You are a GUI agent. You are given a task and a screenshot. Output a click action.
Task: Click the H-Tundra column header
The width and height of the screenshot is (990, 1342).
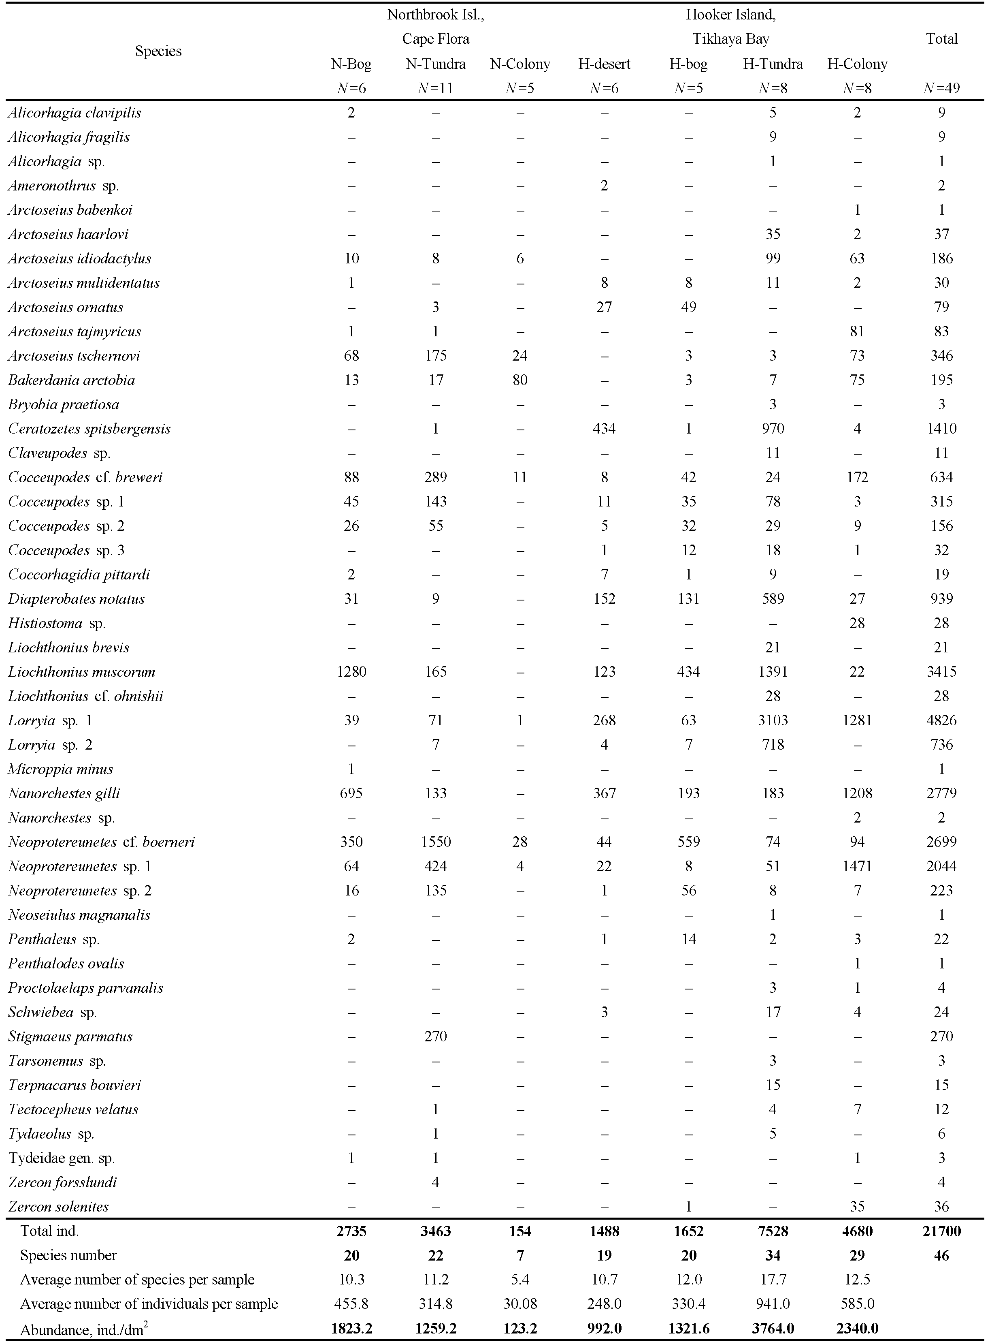point(773,64)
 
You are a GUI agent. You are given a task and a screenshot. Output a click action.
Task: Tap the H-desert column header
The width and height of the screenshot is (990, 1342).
point(604,64)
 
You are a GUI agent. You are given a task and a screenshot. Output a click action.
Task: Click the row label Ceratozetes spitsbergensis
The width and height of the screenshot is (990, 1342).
point(89,429)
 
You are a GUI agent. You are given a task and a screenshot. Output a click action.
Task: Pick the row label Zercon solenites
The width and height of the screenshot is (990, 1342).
point(58,1207)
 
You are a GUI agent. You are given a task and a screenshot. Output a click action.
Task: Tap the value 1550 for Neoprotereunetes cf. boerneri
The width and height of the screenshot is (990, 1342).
point(436,842)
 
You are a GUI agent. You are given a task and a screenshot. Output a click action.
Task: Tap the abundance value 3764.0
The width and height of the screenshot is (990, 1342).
point(773,1328)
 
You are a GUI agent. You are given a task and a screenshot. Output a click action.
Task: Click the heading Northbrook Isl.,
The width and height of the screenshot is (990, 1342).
point(436,15)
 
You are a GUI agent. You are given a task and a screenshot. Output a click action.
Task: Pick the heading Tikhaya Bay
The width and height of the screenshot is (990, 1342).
point(730,39)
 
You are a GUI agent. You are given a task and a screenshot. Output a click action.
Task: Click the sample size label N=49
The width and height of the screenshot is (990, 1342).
point(941,88)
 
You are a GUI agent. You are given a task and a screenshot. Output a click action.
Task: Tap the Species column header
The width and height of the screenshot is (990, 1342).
point(158,51)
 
